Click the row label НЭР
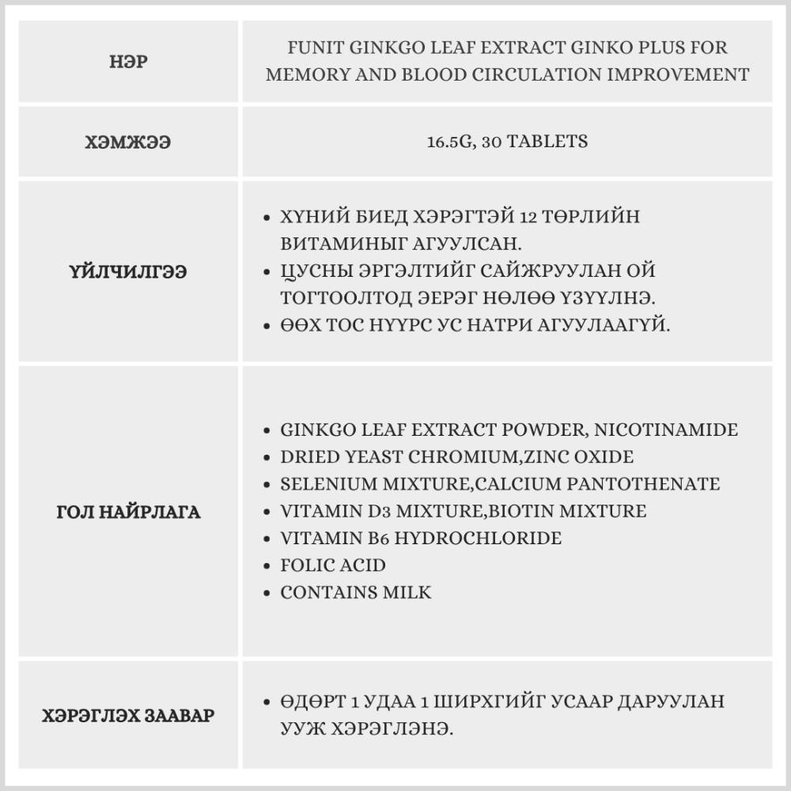[x=128, y=62]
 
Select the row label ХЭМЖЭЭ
[x=128, y=142]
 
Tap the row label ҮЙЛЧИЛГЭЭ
[x=128, y=272]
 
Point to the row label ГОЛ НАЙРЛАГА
[x=128, y=512]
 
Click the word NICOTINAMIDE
[x=666, y=430]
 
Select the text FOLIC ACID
[x=333, y=566]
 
